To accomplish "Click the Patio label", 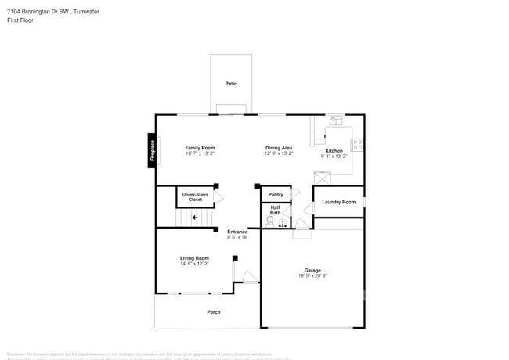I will pyautogui.click(x=231, y=84).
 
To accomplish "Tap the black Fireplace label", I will pyautogui.click(x=152, y=150).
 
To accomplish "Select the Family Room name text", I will pyautogui.click(x=200, y=147).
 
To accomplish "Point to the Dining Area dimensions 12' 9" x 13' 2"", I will pyautogui.click(x=279, y=153).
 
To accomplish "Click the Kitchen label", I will pyautogui.click(x=334, y=150).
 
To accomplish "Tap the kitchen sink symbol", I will pyautogui.click(x=336, y=121).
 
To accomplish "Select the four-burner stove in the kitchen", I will pyautogui.click(x=357, y=144).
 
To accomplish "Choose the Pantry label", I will pyautogui.click(x=276, y=194).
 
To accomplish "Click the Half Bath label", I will pyautogui.click(x=275, y=210).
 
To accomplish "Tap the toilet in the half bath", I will pyautogui.click(x=270, y=222).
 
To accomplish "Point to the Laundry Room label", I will pyautogui.click(x=338, y=202).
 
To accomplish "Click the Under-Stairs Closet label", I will pyautogui.click(x=195, y=197).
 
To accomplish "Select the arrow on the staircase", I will pyautogui.click(x=194, y=218).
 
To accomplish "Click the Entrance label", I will pyautogui.click(x=237, y=231).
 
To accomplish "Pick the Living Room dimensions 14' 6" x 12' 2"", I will pyautogui.click(x=194, y=264).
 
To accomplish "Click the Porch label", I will pyautogui.click(x=213, y=312).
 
